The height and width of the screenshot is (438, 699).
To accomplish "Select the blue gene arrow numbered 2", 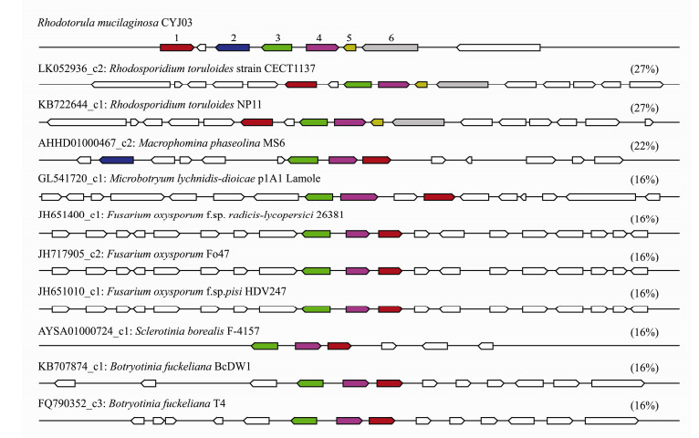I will [x=233, y=47].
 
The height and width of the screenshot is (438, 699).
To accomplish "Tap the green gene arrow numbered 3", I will [x=276, y=47].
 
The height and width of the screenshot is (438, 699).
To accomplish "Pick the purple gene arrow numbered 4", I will [x=322, y=47].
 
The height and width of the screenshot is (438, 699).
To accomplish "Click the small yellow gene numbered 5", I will [x=349, y=47].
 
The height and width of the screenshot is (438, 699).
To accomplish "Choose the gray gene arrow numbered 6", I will [x=391, y=47].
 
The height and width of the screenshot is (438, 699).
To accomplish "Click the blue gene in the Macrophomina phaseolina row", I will [x=118, y=160].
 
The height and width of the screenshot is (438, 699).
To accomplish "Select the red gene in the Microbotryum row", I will [x=439, y=196].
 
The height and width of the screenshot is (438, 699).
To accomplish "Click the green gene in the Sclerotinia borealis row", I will [x=265, y=346].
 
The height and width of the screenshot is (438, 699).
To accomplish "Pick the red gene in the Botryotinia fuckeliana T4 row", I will [x=378, y=421].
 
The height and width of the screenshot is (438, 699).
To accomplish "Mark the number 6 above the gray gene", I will [x=391, y=36].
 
